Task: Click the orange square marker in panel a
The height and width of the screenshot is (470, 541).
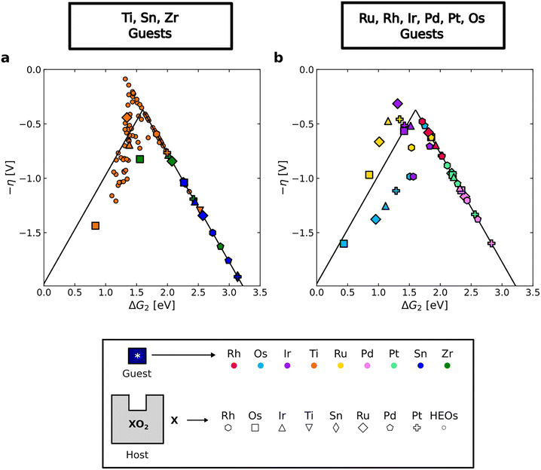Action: point(96,225)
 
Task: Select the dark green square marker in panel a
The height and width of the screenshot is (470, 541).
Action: point(140,158)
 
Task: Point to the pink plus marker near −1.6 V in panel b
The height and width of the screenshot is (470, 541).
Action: point(491,243)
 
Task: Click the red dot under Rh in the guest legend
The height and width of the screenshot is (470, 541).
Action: point(235,365)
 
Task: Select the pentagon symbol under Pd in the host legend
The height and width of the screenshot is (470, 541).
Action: point(417,426)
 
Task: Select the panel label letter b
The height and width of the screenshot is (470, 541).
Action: point(280,56)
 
